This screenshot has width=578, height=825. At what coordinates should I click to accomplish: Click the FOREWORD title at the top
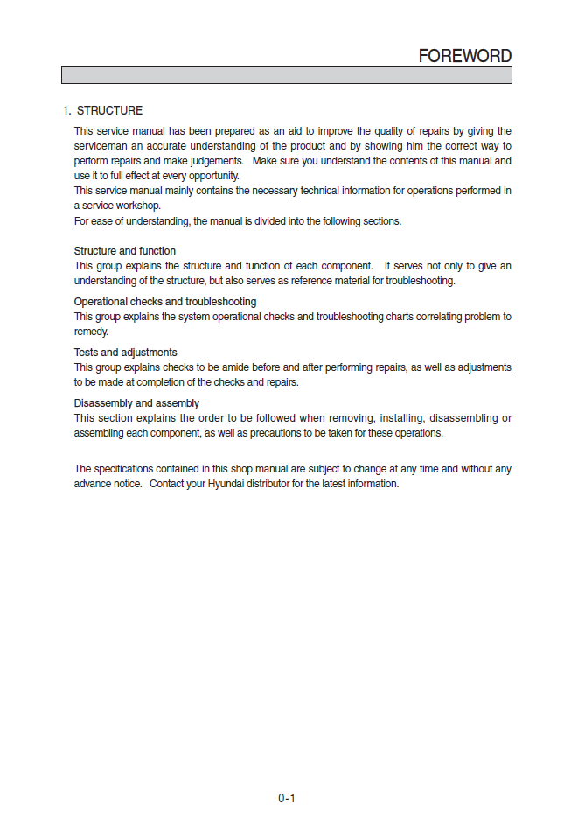click(464, 55)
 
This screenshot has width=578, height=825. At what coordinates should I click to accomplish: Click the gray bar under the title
click(286, 75)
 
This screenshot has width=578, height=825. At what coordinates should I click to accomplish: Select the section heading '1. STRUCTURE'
click(102, 111)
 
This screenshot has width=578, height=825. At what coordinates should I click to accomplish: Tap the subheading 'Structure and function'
click(124, 251)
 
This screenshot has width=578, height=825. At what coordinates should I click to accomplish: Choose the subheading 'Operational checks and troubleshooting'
click(164, 302)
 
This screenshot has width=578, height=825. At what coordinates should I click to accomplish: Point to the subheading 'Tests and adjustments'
click(125, 353)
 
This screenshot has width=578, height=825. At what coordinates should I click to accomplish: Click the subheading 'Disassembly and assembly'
click(136, 403)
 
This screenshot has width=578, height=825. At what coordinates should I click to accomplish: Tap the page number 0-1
click(287, 798)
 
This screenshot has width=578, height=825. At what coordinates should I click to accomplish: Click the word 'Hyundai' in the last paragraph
click(226, 484)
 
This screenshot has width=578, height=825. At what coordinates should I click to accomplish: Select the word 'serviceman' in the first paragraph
click(101, 146)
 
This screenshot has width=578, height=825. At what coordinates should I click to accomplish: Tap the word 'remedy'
click(91, 332)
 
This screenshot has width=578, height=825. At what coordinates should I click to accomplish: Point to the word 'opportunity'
click(210, 176)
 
